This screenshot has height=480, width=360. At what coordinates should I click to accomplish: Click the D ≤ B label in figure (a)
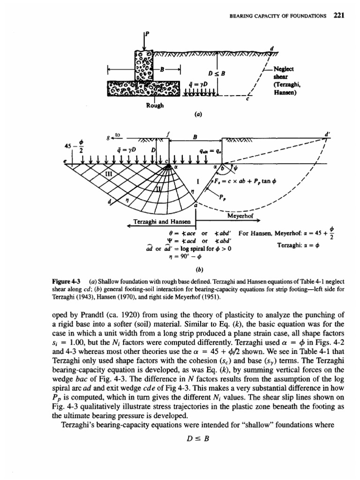click(217, 73)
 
